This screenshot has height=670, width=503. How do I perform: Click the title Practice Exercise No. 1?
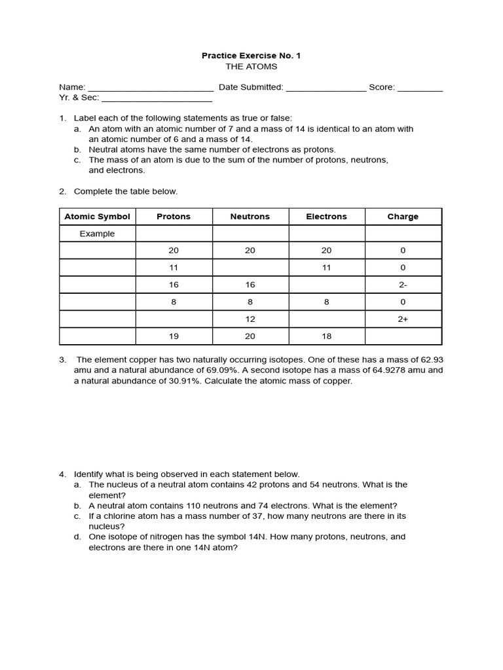tap(251, 56)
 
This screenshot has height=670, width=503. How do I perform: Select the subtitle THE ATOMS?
tap(251, 66)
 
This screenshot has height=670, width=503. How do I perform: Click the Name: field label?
tap(72, 87)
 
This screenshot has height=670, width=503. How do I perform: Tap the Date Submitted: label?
tap(251, 87)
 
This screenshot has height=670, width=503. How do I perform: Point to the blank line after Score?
tap(420, 88)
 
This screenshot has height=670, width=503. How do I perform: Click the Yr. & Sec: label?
tap(79, 97)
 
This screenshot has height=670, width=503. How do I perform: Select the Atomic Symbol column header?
tap(97, 217)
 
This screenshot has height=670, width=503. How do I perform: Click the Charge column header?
tap(403, 217)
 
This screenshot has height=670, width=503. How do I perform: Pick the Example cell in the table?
tap(97, 234)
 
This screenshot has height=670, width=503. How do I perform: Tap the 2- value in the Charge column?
tap(403, 285)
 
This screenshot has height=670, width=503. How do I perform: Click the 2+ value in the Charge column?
tap(403, 319)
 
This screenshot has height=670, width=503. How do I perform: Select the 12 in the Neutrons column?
tap(250, 319)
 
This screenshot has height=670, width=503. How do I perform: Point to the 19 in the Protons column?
tap(174, 336)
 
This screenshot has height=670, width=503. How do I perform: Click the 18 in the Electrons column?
tap(326, 336)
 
